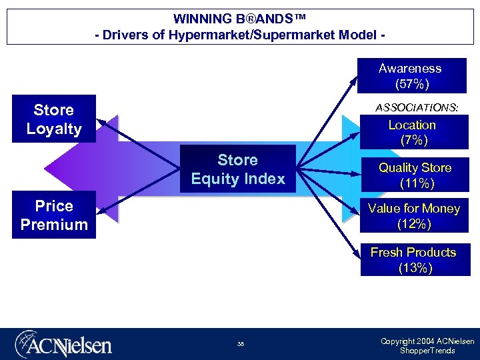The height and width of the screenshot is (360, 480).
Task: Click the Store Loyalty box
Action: [x=54, y=119]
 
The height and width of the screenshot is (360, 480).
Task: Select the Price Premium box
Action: [x=54, y=215]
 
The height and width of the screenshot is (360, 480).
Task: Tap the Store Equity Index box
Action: [x=237, y=169]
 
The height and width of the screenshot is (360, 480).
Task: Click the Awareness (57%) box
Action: [x=411, y=76]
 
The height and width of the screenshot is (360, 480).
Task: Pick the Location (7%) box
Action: [x=412, y=132]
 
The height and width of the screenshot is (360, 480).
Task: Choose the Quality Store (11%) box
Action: [x=415, y=175]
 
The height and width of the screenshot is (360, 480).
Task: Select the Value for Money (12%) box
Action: [x=413, y=216]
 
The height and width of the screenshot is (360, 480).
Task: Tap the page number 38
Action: [x=240, y=345]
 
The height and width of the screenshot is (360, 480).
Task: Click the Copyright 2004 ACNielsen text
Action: [x=427, y=341]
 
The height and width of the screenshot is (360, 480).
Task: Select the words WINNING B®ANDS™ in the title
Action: [x=239, y=19]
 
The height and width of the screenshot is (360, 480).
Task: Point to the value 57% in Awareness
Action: [x=411, y=84]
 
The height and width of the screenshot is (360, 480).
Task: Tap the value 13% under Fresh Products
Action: [x=415, y=268]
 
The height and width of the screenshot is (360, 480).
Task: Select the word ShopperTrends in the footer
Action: [x=427, y=351]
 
